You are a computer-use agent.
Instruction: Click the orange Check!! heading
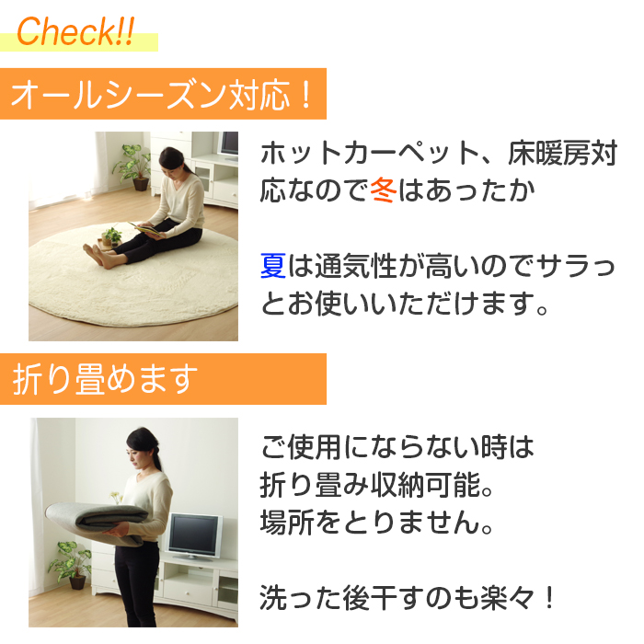(75, 31)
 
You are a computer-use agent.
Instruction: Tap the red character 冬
(384, 190)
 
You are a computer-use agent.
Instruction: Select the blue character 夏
(273, 266)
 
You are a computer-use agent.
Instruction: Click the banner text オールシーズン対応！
(161, 95)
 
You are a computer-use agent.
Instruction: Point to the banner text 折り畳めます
(105, 379)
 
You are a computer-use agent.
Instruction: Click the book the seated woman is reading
(144, 230)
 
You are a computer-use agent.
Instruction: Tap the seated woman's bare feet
(97, 256)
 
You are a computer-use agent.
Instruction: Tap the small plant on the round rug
(111, 237)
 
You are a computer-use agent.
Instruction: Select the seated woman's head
(171, 159)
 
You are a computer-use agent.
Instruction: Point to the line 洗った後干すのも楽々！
(408, 598)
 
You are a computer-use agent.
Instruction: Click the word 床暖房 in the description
(548, 154)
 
